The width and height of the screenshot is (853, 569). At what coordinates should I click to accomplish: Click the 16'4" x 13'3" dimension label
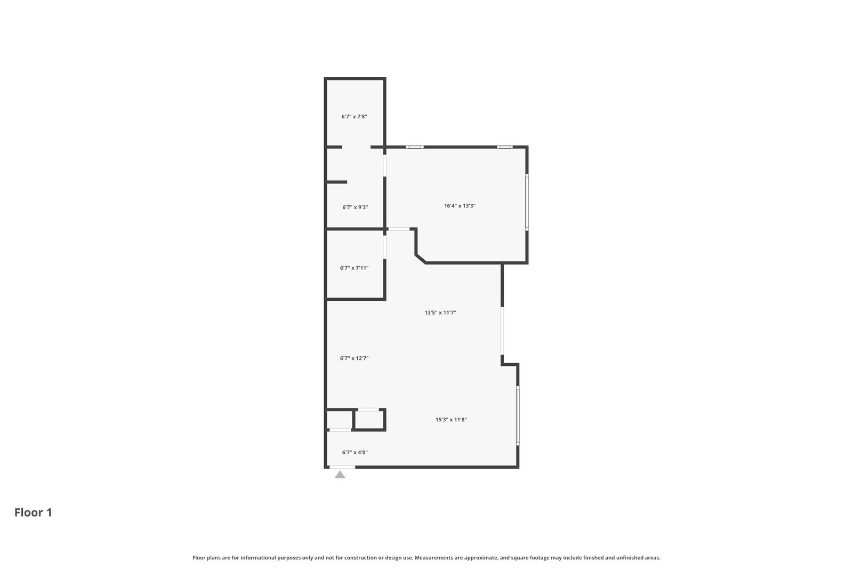[x=460, y=206]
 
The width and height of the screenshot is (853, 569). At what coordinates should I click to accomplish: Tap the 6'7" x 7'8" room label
[x=354, y=117]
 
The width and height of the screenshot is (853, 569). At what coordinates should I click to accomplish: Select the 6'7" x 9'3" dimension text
[x=355, y=207]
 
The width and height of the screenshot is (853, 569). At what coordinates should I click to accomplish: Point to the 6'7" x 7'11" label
[x=354, y=268]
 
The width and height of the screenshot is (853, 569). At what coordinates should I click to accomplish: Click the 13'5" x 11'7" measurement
[x=440, y=312]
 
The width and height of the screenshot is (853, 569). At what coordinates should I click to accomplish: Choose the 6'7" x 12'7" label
[x=354, y=358]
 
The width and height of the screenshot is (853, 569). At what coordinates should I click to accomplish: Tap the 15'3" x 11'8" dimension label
[x=451, y=420]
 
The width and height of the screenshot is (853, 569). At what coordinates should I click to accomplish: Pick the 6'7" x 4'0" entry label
[x=355, y=452]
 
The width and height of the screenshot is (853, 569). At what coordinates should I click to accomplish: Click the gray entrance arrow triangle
[x=340, y=475]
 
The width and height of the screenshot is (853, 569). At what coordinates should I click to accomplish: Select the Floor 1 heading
[x=33, y=512]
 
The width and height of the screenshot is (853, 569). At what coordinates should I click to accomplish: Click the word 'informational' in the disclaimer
[x=258, y=558]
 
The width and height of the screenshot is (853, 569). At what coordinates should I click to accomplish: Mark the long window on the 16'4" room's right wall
[x=527, y=202]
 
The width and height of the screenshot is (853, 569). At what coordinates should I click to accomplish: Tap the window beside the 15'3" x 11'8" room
[x=518, y=415]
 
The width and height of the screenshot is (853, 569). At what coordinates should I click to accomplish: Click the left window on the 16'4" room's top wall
[x=414, y=147]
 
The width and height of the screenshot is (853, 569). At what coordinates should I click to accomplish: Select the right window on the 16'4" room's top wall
[x=504, y=147]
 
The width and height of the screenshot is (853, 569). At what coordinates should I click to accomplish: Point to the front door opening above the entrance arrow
[x=342, y=467]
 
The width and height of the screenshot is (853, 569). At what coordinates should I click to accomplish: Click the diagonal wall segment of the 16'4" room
[x=421, y=259]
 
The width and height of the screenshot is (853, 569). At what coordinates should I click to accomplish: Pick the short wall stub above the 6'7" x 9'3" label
[x=336, y=182]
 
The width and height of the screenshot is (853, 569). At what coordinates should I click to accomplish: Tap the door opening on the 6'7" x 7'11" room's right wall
[x=384, y=247]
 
